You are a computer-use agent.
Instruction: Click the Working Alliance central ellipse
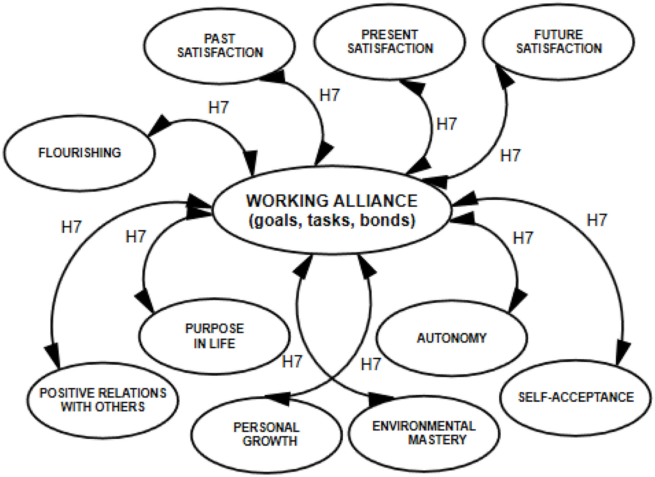[332, 210]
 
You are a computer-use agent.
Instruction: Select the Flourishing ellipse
[79, 153]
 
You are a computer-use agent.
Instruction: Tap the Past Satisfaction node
[220, 45]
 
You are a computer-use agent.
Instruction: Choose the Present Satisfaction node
[390, 41]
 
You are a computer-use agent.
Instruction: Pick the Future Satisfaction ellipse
[559, 41]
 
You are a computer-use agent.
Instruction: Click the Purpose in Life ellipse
[214, 336]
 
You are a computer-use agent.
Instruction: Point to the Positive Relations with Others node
[103, 400]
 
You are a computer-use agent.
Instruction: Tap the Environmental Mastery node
[424, 433]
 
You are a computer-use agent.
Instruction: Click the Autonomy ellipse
[452, 338]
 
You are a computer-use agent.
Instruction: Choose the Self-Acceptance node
[576, 397]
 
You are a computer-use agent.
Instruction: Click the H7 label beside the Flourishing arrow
[218, 108]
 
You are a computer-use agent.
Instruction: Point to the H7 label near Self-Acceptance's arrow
[597, 220]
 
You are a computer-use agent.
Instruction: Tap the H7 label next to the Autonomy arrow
[523, 238]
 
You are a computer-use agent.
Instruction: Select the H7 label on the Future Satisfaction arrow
[510, 156]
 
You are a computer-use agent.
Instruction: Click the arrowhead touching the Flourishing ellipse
[159, 126]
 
